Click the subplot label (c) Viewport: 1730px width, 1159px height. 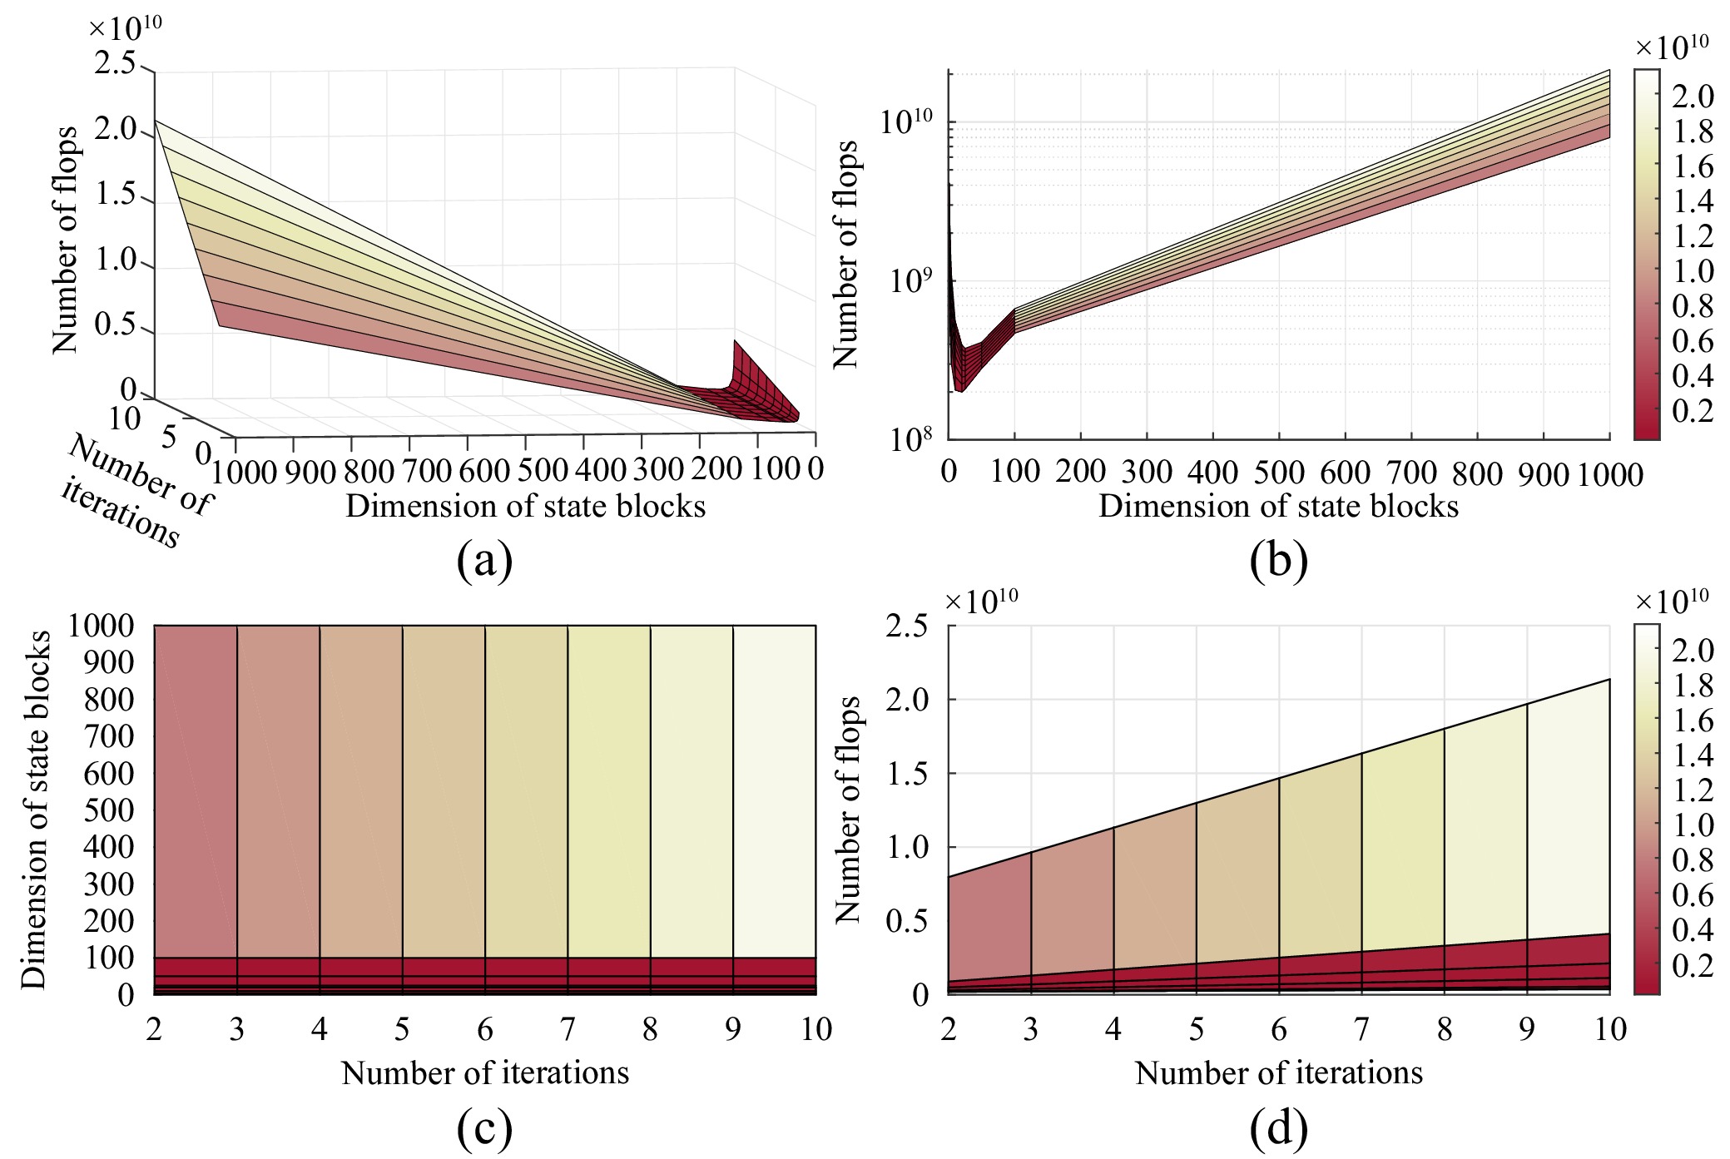tap(484, 1129)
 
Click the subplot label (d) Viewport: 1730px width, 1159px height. tap(1278, 1129)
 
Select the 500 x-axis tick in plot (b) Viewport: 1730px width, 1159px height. tap(1278, 473)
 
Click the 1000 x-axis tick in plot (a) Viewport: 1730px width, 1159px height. tap(244, 472)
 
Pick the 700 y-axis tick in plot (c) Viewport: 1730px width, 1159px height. tap(108, 736)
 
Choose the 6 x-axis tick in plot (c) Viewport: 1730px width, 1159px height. tap(485, 1030)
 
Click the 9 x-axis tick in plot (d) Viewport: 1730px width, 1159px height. tap(1526, 1030)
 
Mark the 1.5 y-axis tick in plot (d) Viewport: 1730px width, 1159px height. tap(907, 774)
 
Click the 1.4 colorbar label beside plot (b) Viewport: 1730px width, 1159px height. tap(1693, 201)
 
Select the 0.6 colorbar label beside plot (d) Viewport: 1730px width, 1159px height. tap(1693, 895)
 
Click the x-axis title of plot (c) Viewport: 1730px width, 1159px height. tap(485, 1073)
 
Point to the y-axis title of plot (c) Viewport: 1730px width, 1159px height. tap(35, 810)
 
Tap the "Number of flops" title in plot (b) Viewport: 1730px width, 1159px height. tap(846, 254)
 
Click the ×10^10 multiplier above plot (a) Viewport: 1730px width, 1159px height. tap(125, 28)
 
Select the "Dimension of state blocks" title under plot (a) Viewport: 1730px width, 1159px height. tap(525, 507)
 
